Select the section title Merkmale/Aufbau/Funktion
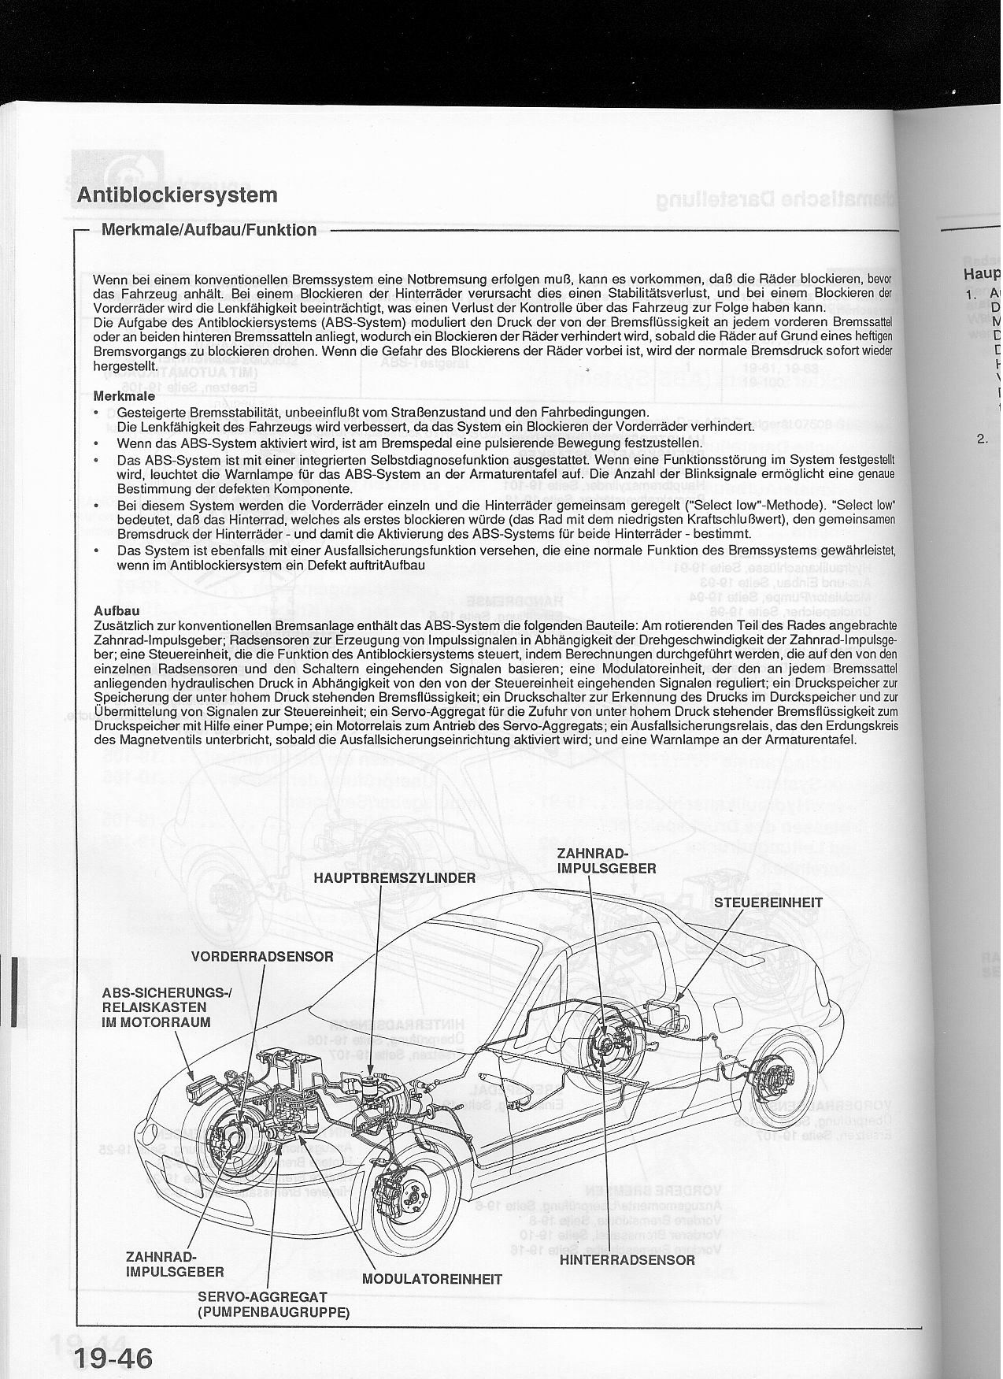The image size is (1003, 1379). [209, 230]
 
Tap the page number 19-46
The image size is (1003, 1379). [115, 1340]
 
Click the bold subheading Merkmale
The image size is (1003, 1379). [124, 396]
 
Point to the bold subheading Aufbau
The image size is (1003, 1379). [117, 610]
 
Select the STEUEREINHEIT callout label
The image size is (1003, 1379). [768, 903]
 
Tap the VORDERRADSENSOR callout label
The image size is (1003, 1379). [262, 957]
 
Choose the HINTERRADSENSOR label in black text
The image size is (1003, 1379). [627, 1259]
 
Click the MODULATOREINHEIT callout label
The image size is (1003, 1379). [432, 1279]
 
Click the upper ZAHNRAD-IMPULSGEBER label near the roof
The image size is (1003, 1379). [605, 861]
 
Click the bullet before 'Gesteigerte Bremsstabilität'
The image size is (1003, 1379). [95, 413]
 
